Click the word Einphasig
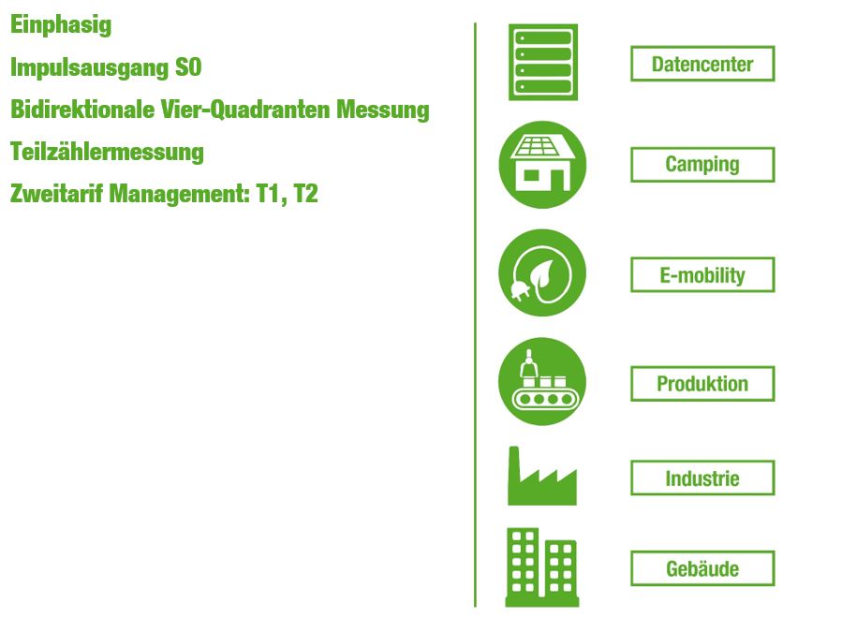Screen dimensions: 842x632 click(61, 25)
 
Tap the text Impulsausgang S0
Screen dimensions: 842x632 click(106, 68)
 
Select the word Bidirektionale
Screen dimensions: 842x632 click(82, 110)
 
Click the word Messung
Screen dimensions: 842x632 click(383, 110)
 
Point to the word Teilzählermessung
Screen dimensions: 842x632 click(107, 152)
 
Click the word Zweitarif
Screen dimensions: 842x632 click(56, 194)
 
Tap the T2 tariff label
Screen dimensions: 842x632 click(306, 194)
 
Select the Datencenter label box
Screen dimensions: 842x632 click(702, 64)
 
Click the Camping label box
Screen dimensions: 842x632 click(702, 164)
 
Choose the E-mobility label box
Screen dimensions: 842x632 click(702, 275)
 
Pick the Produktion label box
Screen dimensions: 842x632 click(702, 384)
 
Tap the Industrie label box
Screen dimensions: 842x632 click(702, 478)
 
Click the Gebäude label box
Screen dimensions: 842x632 click(702, 568)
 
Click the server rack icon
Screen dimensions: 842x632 click(543, 62)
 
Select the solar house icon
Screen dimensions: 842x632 click(542, 164)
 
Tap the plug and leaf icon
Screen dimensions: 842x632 click(542, 272)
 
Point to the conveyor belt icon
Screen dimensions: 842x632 click(542, 381)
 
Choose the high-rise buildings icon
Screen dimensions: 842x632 click(542, 567)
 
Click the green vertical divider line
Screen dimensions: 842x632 click(475, 315)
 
